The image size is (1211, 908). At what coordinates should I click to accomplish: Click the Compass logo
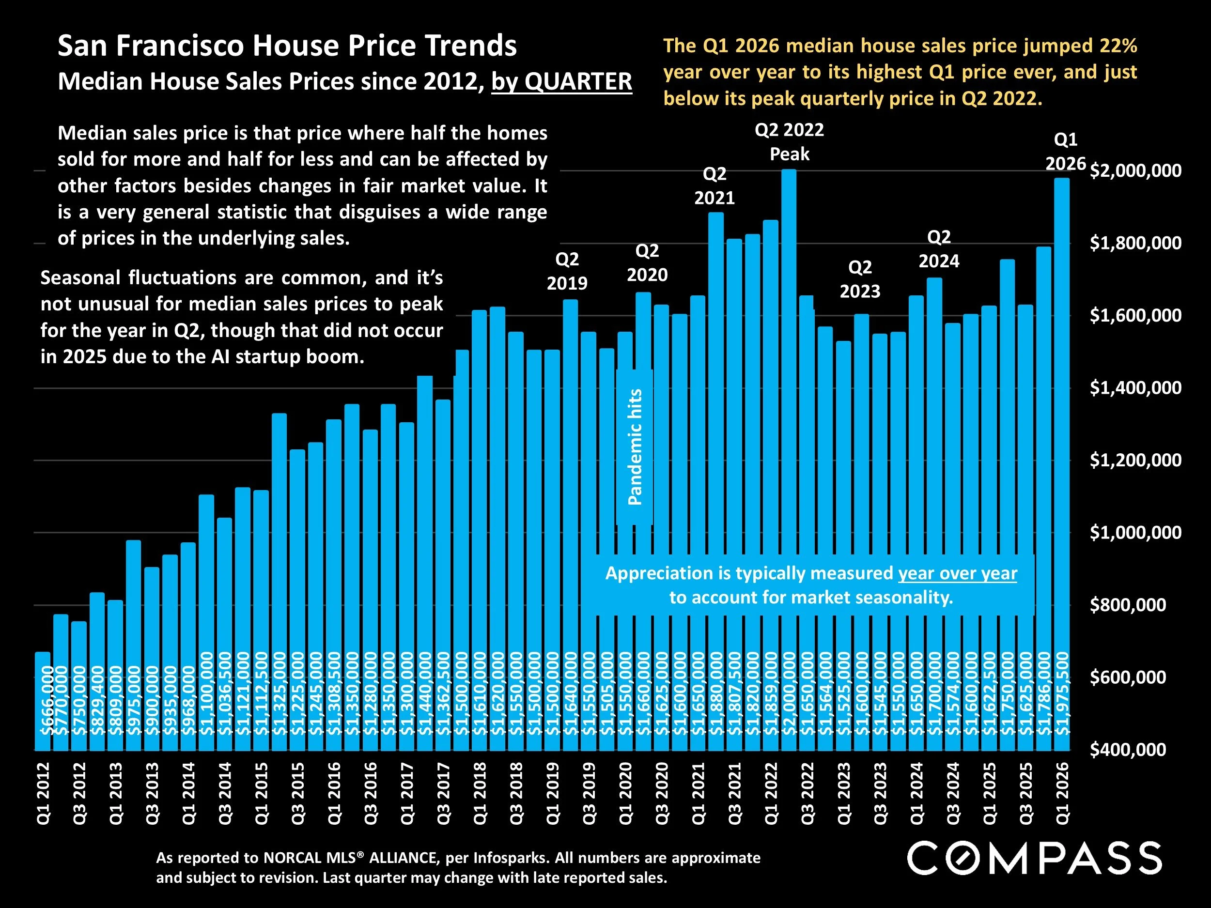click(x=1034, y=858)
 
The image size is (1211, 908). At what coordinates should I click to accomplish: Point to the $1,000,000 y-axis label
click(x=1135, y=532)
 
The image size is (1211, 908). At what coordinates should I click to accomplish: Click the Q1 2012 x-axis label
click(x=43, y=793)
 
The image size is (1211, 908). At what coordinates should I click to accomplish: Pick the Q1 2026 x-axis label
click(x=1062, y=793)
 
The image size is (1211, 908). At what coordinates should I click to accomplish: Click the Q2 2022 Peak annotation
click(x=789, y=142)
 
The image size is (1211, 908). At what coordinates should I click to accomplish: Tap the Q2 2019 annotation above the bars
click(x=567, y=271)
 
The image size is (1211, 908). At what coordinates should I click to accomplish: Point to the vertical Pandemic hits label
click(x=635, y=446)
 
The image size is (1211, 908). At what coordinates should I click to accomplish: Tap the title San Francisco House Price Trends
click(x=287, y=46)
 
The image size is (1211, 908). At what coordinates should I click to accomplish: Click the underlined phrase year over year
click(x=957, y=573)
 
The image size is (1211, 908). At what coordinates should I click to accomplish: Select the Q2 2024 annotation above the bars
click(x=938, y=249)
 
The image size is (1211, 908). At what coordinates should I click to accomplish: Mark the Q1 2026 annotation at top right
click(x=1065, y=152)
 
